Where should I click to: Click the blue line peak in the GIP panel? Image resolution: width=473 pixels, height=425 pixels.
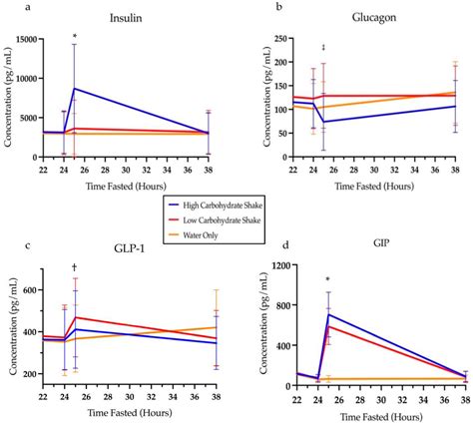pyautogui.click(x=328, y=314)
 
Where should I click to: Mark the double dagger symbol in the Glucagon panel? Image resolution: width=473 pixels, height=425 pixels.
pyautogui.click(x=323, y=48)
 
